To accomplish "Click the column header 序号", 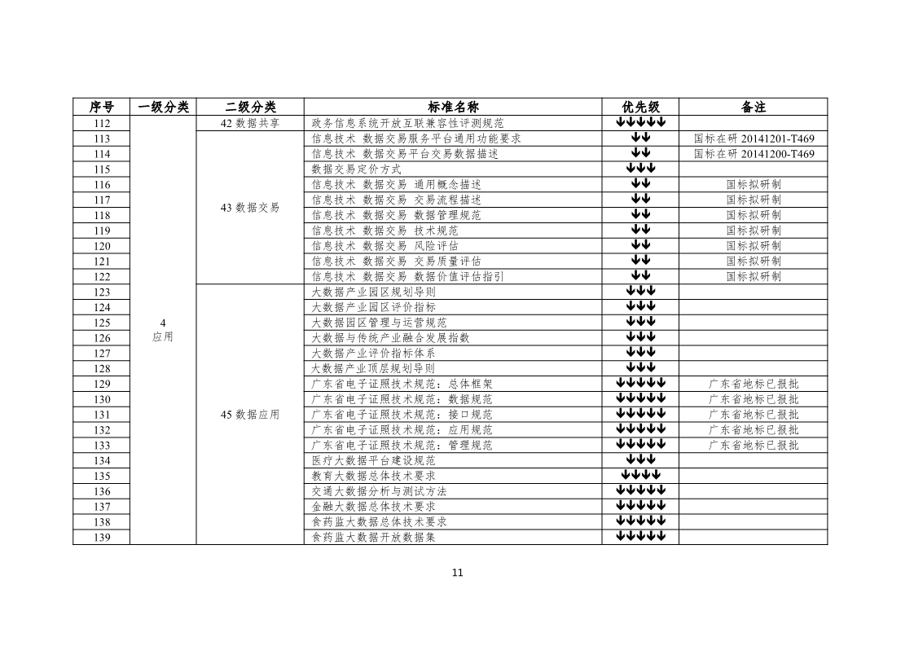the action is pos(102,108).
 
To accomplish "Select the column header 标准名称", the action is pos(453,108).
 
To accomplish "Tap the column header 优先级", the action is pos(640,108).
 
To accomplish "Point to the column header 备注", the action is pos(754,108).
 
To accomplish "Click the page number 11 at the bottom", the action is pos(457,573).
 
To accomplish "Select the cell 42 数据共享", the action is pos(250,123).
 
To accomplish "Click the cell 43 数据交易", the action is pos(250,208).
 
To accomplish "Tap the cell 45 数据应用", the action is pos(250,415).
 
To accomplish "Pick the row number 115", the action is pos(102,169).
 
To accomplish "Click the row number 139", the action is pos(102,538).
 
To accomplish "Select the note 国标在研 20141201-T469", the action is pos(754,138).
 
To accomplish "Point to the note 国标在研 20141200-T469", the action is pos(754,154).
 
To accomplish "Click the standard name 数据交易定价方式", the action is pos(356,169).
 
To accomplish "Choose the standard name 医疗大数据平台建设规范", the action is pos(373,460).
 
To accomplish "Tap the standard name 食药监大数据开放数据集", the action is pos(373,538).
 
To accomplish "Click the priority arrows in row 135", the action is pos(640,475).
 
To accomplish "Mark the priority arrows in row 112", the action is pos(640,122).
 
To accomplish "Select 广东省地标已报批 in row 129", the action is pos(754,385).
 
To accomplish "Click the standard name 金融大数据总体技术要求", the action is pos(373,507).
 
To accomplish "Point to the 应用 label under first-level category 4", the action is pos(163,337).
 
